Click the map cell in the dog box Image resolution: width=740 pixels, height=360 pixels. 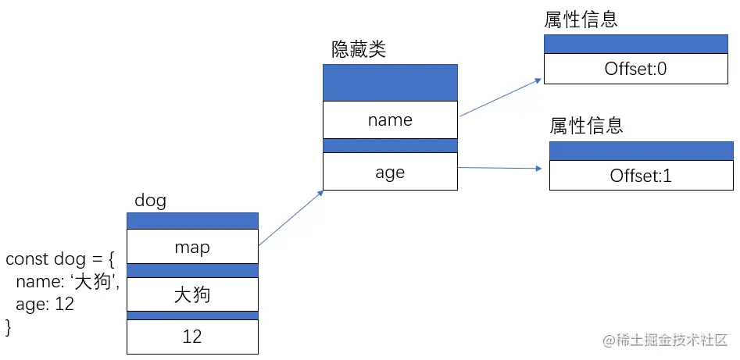click(192, 247)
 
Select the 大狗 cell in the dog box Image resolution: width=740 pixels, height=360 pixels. click(192, 295)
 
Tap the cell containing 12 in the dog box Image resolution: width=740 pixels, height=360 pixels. click(192, 337)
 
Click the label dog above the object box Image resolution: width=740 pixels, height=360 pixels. click(150, 201)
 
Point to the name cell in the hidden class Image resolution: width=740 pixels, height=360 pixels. click(389, 119)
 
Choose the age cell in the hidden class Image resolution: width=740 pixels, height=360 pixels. click(389, 172)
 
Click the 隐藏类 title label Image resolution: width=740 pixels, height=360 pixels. click(359, 50)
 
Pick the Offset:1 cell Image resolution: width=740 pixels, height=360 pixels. click(641, 176)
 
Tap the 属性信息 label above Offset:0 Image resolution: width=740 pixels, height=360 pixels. click(581, 20)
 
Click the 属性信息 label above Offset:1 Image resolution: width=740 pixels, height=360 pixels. click(586, 126)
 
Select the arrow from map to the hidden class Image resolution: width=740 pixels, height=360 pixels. click(291, 218)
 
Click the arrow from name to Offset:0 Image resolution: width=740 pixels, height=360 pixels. click(500, 98)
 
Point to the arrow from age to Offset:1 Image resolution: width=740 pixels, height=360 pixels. click(500, 168)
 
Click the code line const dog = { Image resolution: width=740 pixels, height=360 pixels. click(59, 259)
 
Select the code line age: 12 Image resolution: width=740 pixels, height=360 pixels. click(45, 305)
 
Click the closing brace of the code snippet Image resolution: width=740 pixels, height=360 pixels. click(9, 326)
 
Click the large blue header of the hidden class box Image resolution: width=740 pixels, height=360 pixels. click(389, 82)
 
